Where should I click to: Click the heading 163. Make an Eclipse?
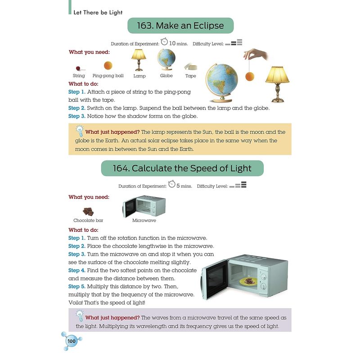(180, 26)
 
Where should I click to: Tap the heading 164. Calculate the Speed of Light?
(182, 169)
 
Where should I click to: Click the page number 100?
(72, 342)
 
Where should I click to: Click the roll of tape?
(191, 67)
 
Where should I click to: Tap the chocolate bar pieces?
(88, 211)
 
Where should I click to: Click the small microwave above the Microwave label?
(144, 207)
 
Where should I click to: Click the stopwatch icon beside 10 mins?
(165, 42)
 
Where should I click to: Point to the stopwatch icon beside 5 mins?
(171, 184)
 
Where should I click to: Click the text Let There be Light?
(98, 13)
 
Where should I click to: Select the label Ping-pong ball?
(108, 76)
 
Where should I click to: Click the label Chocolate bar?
(88, 220)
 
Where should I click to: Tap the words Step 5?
(77, 287)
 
